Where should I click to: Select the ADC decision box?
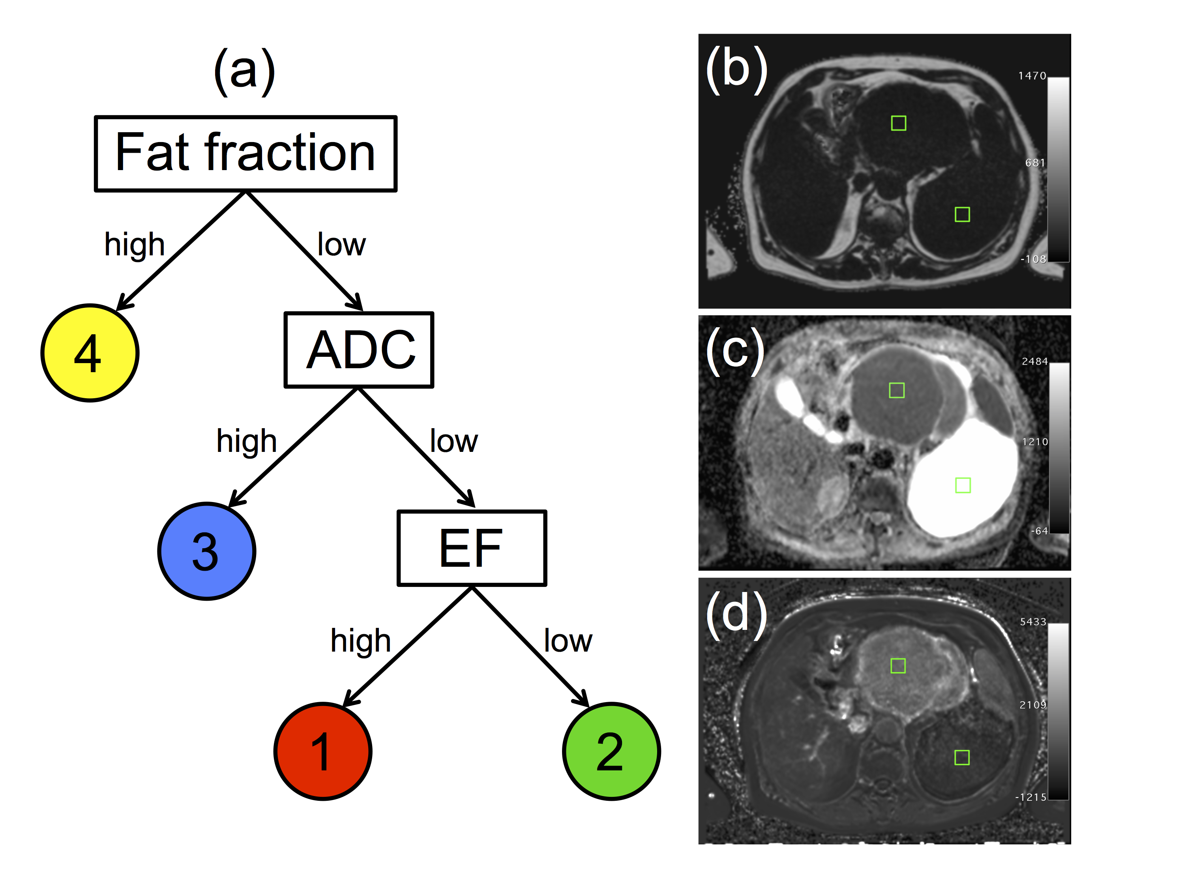(x=359, y=350)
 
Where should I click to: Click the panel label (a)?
(x=245, y=71)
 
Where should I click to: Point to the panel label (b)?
(x=736, y=69)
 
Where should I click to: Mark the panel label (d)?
(x=736, y=614)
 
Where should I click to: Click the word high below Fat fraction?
(x=134, y=245)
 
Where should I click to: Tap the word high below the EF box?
(x=360, y=641)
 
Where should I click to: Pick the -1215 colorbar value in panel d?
(x=1030, y=797)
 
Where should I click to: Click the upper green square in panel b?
(x=898, y=123)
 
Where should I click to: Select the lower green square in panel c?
(x=963, y=485)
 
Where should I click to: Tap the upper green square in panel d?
(x=897, y=665)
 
